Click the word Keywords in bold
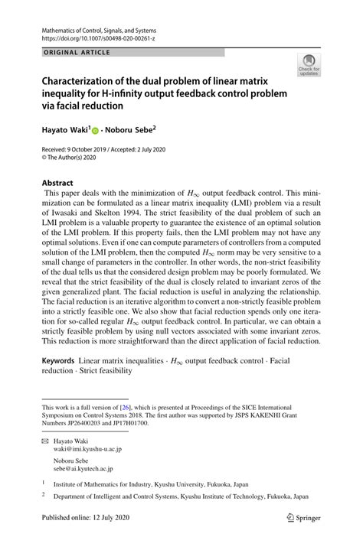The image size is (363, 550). click(64, 360)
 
